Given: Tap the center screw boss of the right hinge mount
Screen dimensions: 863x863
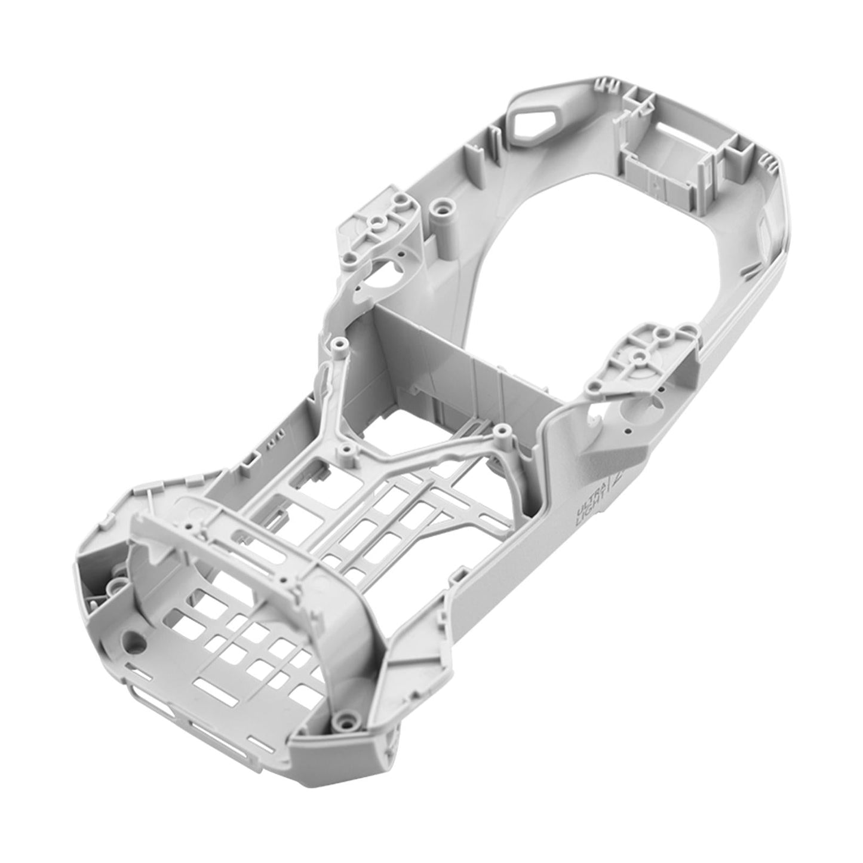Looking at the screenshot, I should pyautogui.click(x=638, y=357).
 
